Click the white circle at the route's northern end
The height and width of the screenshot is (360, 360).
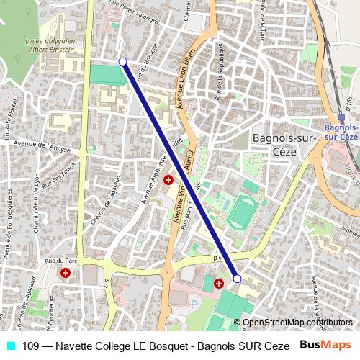point(123,62)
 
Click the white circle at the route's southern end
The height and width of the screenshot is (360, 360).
point(237,278)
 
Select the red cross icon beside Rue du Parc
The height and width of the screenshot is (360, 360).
point(66,273)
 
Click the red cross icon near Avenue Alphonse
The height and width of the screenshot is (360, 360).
point(168,180)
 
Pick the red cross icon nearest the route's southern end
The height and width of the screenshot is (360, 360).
point(219,284)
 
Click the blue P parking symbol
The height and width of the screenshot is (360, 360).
point(192,305)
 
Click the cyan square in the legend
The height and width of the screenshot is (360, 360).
point(10,346)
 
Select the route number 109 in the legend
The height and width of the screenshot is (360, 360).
point(30,346)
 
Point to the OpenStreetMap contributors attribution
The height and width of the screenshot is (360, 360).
point(298,323)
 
